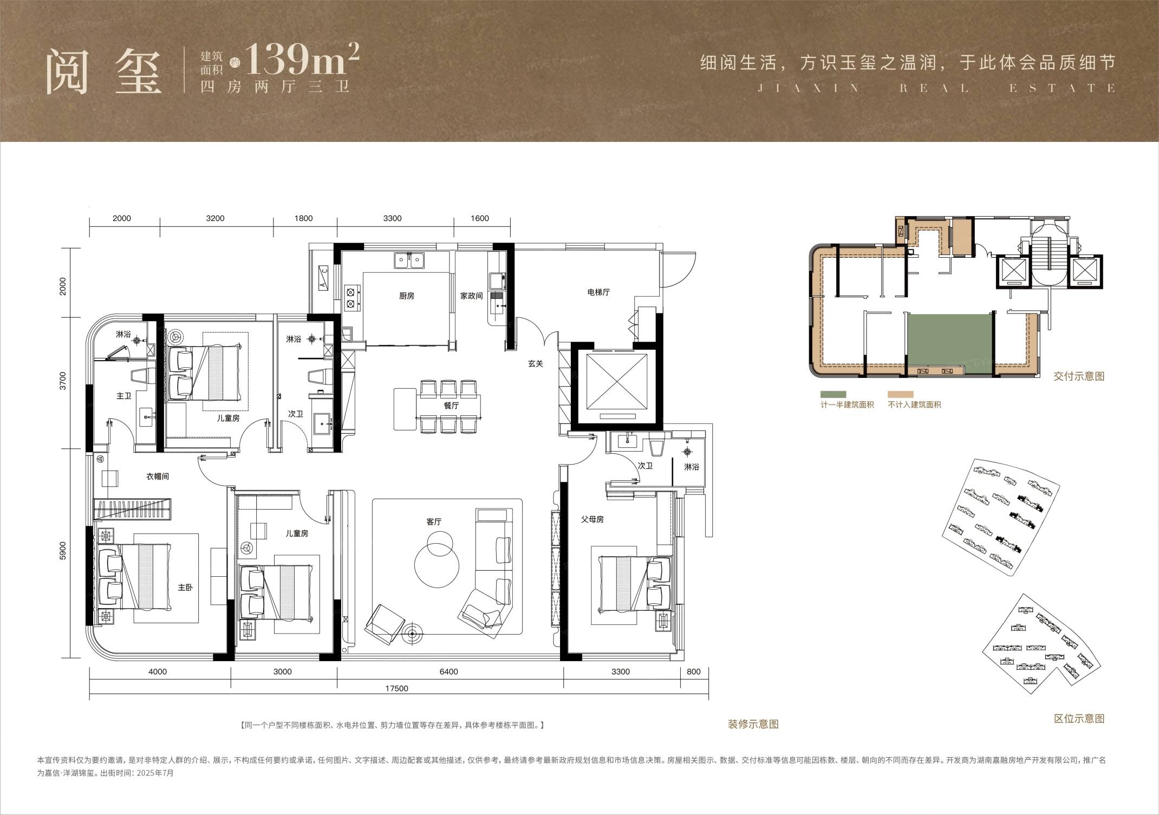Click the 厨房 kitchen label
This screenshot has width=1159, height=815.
point(406,296)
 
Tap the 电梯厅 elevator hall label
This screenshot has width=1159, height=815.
point(598,292)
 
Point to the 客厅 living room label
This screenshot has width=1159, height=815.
point(434,521)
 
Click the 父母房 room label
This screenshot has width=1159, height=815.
point(592,519)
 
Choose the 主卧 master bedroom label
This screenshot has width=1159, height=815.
point(185,587)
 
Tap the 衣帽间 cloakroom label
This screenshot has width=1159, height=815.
point(158,477)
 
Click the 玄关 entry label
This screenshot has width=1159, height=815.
point(535,364)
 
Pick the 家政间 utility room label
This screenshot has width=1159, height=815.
point(471,296)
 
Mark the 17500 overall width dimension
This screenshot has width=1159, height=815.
point(396,689)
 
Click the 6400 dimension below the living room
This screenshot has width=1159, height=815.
point(448,672)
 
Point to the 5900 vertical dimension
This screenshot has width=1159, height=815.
point(63,551)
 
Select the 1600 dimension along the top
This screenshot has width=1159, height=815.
point(480,218)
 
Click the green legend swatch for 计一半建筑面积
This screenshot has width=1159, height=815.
point(833,395)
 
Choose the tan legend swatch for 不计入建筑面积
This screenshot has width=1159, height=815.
point(901,395)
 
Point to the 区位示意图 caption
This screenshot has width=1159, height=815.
point(1079,719)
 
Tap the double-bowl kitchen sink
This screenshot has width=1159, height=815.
point(409,260)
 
